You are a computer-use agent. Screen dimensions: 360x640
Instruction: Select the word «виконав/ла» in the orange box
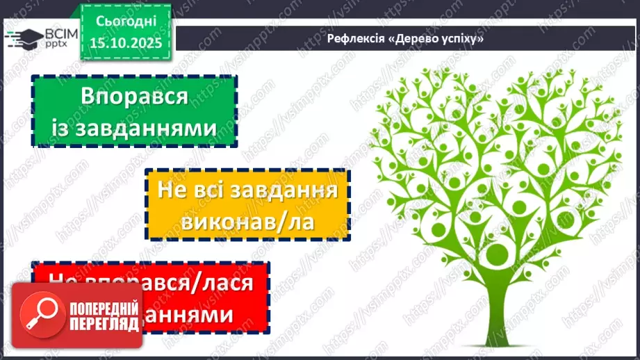(246, 221)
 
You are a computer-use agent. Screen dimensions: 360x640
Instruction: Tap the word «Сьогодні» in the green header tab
(126, 21)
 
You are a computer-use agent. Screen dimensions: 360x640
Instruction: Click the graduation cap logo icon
(21, 38)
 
